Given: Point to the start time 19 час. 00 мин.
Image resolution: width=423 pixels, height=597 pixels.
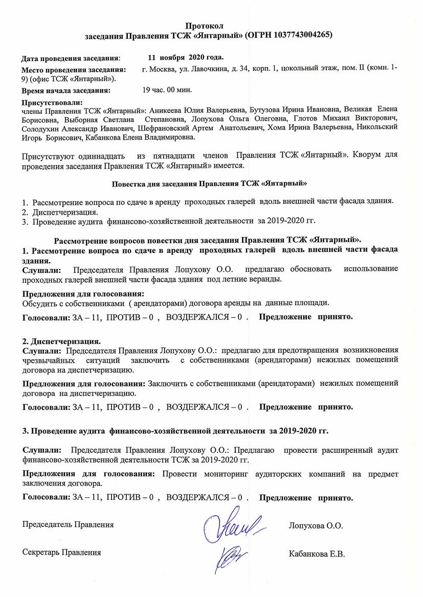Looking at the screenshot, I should click(x=167, y=90).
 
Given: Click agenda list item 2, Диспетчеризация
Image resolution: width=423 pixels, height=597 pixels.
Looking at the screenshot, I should click(x=65, y=212).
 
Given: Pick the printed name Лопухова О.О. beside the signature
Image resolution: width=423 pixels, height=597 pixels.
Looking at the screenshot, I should click(x=316, y=525).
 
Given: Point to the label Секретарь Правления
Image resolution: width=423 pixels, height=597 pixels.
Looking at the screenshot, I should click(x=61, y=552).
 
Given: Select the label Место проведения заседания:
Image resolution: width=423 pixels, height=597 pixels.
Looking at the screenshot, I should click(x=73, y=68).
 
